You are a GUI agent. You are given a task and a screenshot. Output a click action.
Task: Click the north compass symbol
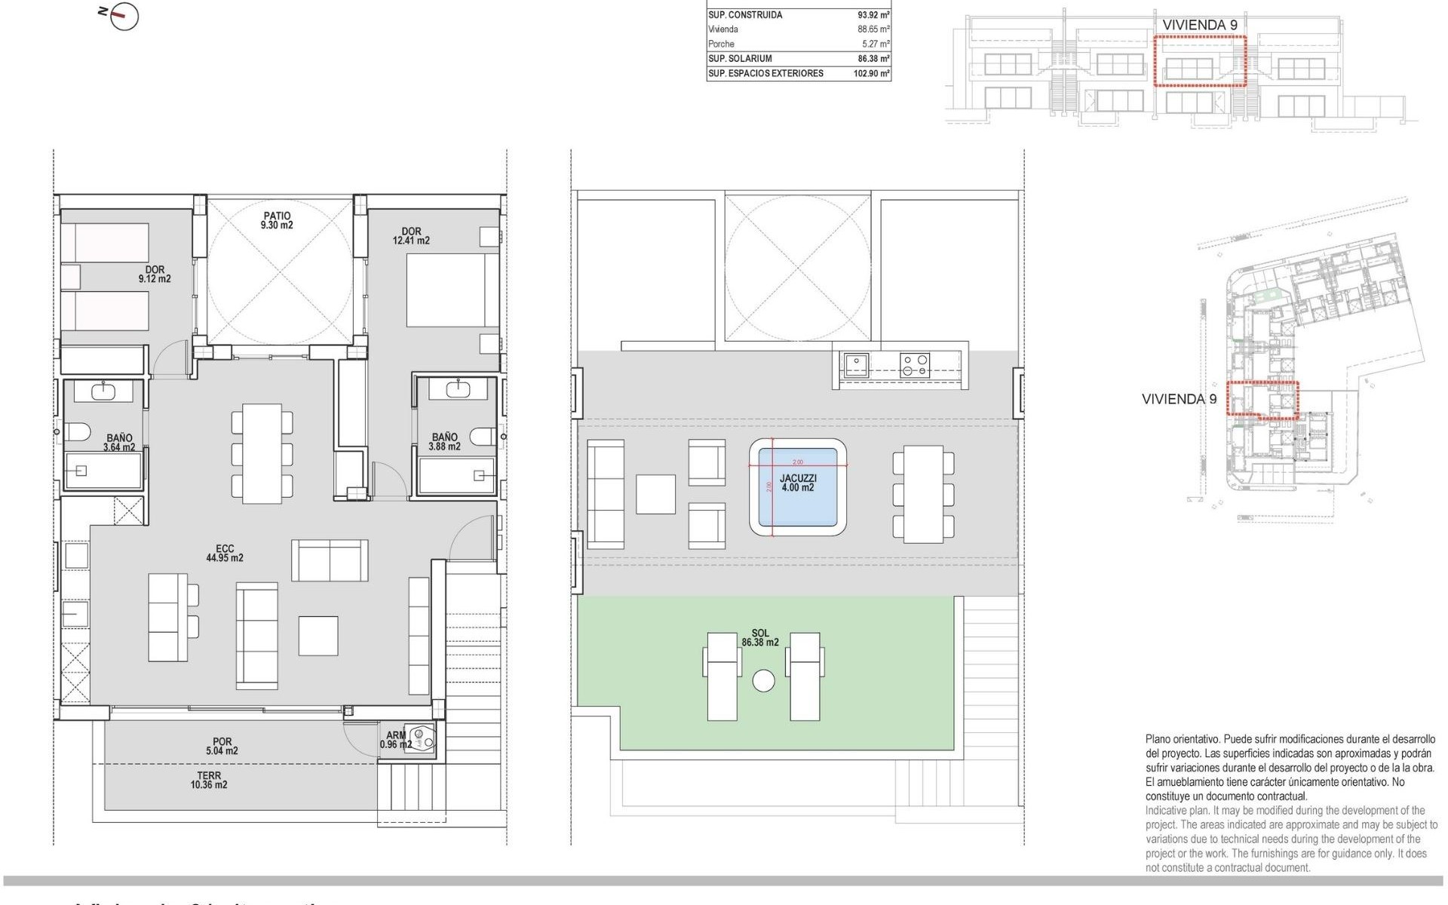coord(123,16)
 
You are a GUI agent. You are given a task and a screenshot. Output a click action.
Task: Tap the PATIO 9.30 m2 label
coord(277,220)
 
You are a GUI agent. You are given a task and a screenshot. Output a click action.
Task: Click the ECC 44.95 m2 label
coord(225,554)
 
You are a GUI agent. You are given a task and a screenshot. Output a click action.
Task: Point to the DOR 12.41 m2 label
coord(411,236)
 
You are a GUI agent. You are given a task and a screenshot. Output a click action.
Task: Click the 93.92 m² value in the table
coord(873,14)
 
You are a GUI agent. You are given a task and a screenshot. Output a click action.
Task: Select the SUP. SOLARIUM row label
coord(740,58)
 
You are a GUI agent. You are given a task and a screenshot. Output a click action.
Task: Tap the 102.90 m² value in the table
coord(871,73)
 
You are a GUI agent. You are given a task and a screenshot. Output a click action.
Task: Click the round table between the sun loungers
coord(763,681)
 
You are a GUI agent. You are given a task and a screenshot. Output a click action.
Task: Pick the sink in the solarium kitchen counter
coord(856,365)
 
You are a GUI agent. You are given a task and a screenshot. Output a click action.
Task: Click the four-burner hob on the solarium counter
coord(915,365)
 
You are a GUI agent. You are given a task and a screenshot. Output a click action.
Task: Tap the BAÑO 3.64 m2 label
coord(119,443)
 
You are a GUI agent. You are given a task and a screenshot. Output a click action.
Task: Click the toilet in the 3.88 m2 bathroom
coord(483,436)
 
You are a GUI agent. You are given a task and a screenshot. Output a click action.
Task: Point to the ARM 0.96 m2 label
coord(396,740)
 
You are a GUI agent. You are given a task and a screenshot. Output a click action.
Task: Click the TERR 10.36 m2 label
coord(209,780)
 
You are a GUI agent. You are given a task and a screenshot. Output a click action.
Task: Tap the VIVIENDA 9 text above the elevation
coord(1199,25)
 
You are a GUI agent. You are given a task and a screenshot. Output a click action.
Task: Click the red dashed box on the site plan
coord(1262,399)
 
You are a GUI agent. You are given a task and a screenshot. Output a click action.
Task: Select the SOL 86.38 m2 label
coord(760,638)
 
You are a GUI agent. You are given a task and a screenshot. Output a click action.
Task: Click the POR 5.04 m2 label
coord(222,746)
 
